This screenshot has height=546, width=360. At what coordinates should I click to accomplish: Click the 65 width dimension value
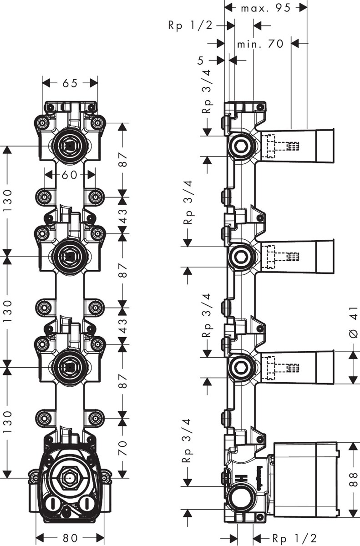(x=70, y=83)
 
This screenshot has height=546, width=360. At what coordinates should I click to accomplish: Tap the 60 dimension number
(x=70, y=174)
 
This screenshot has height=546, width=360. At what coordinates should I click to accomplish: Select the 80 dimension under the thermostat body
(x=70, y=537)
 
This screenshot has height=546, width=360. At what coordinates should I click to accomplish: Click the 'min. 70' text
(x=260, y=44)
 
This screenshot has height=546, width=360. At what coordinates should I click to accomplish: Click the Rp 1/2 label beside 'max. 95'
(x=190, y=26)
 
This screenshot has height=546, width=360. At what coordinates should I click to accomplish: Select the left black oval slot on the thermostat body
(x=54, y=504)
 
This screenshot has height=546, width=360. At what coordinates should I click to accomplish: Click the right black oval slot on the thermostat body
(x=85, y=504)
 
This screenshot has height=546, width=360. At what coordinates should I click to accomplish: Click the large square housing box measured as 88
(x=305, y=479)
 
